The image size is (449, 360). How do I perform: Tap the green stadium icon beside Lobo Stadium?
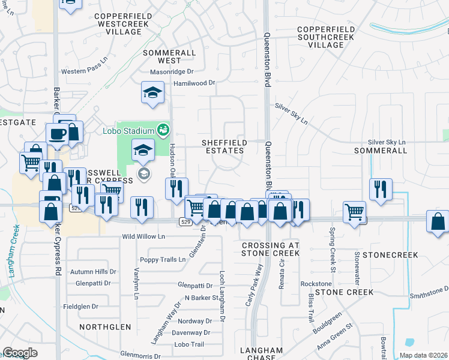tap(161, 130)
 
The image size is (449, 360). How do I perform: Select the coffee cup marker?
tap(58, 133)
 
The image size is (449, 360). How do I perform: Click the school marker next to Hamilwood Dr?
tap(152, 93)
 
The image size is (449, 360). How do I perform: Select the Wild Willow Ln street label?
tap(143, 237)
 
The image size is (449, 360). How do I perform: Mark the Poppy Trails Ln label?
tap(163, 260)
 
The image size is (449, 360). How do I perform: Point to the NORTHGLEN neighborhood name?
tap(105, 327)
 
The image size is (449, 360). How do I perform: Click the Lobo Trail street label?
tap(190, 344)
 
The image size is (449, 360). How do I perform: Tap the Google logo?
tap(20, 353)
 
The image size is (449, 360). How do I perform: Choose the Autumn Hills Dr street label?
tap(92, 272)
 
